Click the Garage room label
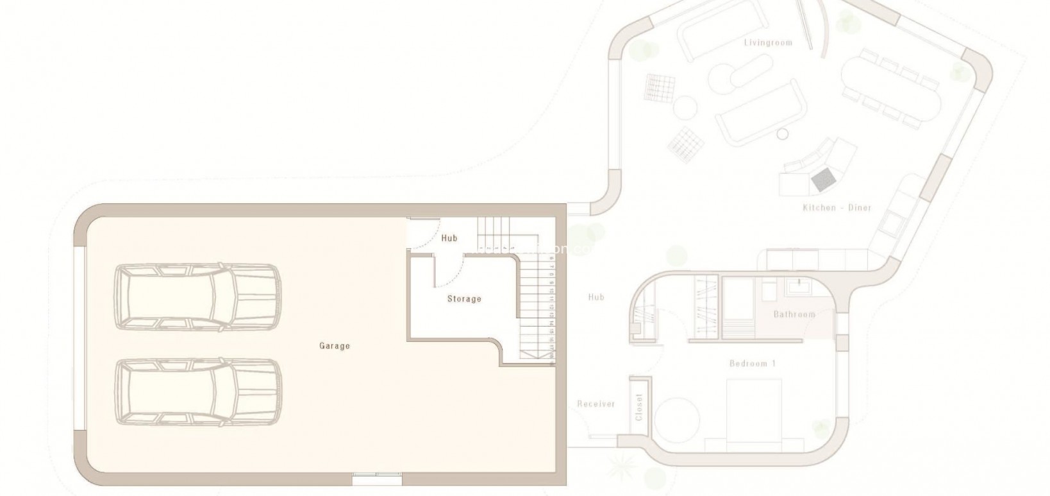pos(335,346)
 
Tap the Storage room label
pos(464,299)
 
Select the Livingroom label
pos(768,43)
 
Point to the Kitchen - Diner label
pos(837,208)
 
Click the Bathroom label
pos(794,314)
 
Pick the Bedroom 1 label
pos(753,364)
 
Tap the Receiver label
pos(596,404)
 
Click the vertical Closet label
pos(639,407)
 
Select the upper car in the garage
pos(197,298)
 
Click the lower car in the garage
pos(199,391)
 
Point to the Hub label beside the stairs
pos(449,238)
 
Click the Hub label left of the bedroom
pos(596,297)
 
